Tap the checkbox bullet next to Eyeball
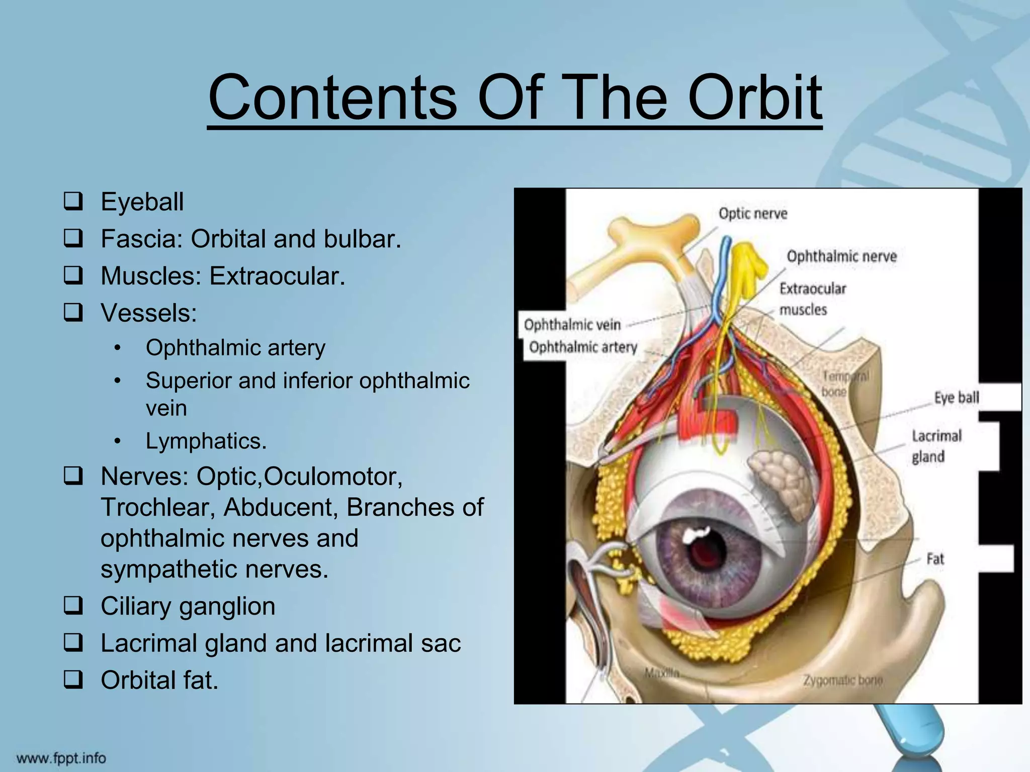point(73,202)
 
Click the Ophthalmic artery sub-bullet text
point(235,348)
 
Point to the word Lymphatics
point(206,441)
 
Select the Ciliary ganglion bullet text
point(188,606)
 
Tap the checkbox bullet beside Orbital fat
point(73,680)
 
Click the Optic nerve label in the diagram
point(752,214)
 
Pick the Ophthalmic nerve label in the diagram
point(841,256)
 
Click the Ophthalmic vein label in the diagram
point(572,325)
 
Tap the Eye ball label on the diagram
point(956,398)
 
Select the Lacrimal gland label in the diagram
point(936,446)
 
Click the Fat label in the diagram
point(935,559)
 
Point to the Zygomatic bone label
point(842,681)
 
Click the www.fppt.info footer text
point(61,758)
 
